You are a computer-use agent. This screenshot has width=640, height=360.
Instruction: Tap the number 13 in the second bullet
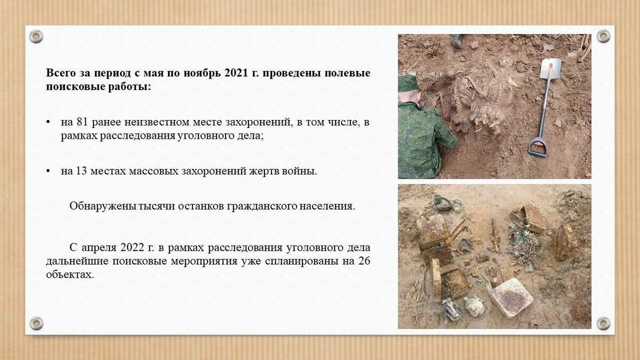[x=81, y=171]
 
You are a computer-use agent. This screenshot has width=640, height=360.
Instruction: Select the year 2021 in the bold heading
[x=236, y=73]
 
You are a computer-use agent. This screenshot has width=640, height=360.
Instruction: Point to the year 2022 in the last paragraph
[x=132, y=247]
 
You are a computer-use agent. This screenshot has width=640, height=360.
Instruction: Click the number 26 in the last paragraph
[x=364, y=261]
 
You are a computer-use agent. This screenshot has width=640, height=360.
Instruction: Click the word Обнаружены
[x=102, y=206]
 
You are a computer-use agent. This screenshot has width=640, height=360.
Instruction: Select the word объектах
[x=70, y=275]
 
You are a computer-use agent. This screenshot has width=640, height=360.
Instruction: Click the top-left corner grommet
[x=36, y=37]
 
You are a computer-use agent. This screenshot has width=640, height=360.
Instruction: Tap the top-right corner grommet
[x=603, y=36]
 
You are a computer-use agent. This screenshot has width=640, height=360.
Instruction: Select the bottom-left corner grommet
[x=36, y=323]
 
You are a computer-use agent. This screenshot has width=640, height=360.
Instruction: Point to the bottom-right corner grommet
[x=603, y=323]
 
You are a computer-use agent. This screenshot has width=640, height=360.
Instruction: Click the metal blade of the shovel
[x=550, y=69]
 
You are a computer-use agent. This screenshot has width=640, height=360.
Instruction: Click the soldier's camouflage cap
[x=408, y=83]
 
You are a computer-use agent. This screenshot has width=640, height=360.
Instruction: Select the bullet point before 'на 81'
[x=48, y=122]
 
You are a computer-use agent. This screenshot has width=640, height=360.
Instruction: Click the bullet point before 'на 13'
[x=48, y=171]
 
